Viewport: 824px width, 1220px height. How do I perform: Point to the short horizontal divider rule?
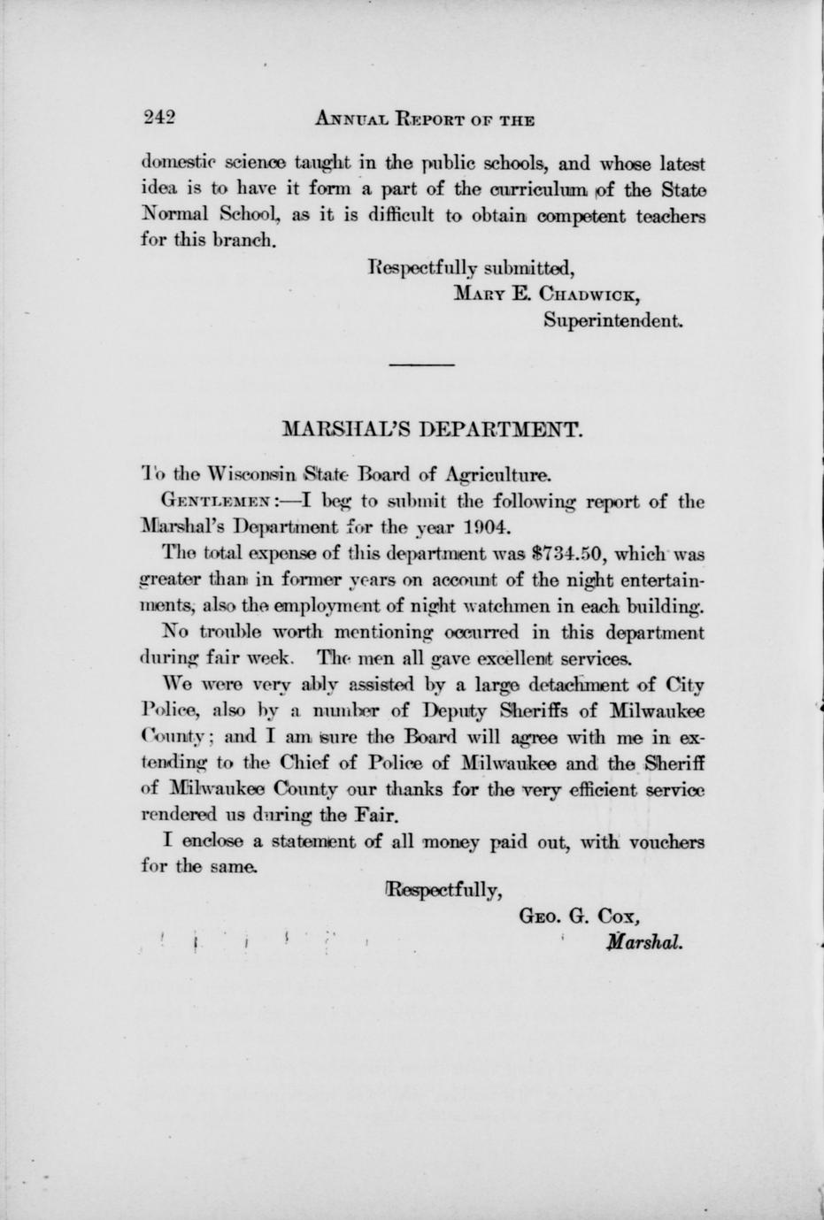pyautogui.click(x=421, y=364)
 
